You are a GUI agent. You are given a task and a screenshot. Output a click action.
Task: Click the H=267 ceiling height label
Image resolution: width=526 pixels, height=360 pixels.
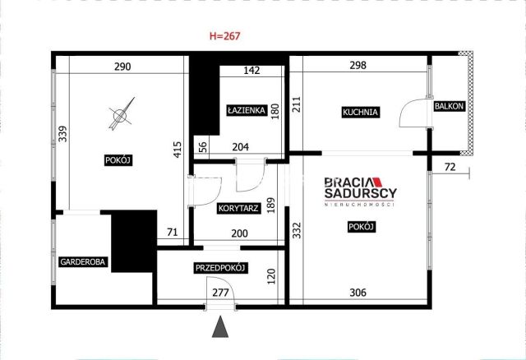click(224, 36)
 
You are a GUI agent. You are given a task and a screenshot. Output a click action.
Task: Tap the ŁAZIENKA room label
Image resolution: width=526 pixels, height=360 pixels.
click(247, 110)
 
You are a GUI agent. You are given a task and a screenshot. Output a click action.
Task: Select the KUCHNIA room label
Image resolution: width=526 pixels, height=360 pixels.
click(360, 112)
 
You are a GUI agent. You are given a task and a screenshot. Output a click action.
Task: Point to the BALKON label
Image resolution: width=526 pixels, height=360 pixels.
click(449, 106)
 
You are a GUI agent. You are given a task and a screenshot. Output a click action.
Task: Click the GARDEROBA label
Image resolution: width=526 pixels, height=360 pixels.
click(82, 261)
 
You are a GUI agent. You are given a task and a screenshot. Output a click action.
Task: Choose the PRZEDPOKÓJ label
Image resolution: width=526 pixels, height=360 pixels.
click(220, 268)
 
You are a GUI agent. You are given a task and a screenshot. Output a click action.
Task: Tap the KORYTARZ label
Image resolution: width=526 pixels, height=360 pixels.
click(238, 208)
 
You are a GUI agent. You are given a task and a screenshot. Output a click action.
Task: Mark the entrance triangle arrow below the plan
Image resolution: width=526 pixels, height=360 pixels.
click(220, 326)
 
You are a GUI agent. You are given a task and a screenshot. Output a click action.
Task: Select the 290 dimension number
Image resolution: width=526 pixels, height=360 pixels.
click(122, 67)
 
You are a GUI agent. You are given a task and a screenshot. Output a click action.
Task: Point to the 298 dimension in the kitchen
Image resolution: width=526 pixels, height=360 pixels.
click(358, 66)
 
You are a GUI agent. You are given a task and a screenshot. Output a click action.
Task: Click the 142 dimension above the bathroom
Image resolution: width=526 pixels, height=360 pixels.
click(251, 71)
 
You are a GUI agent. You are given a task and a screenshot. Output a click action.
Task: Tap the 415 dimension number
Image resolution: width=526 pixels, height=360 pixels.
click(178, 150)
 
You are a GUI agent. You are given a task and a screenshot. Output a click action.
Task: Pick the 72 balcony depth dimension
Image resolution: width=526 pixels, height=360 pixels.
click(450, 167)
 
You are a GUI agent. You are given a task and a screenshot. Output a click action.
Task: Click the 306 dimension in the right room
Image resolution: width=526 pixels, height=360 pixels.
click(358, 293)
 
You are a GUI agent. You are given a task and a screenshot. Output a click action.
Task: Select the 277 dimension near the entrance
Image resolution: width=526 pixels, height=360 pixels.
click(220, 293)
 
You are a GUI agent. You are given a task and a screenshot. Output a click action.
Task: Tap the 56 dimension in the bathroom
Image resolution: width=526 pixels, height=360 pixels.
click(203, 148)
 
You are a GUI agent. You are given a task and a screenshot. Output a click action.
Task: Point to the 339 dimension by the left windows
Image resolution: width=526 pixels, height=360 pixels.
click(62, 133)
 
